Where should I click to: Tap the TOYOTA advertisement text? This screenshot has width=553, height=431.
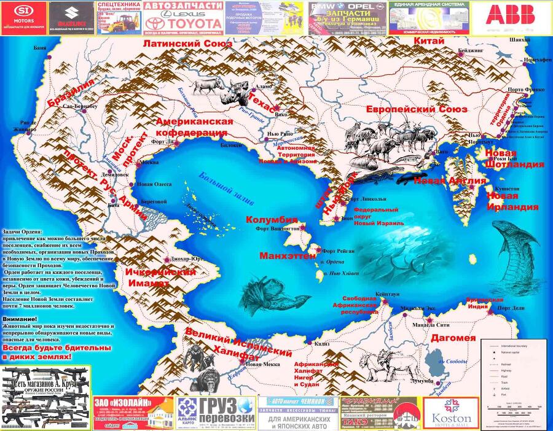click(182, 26)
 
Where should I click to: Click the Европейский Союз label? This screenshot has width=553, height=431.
click(417, 109)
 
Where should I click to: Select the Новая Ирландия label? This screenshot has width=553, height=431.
click(512, 201)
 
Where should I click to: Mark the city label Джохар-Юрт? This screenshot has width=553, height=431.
click(187, 258)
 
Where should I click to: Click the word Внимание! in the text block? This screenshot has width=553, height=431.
click(20, 319)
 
